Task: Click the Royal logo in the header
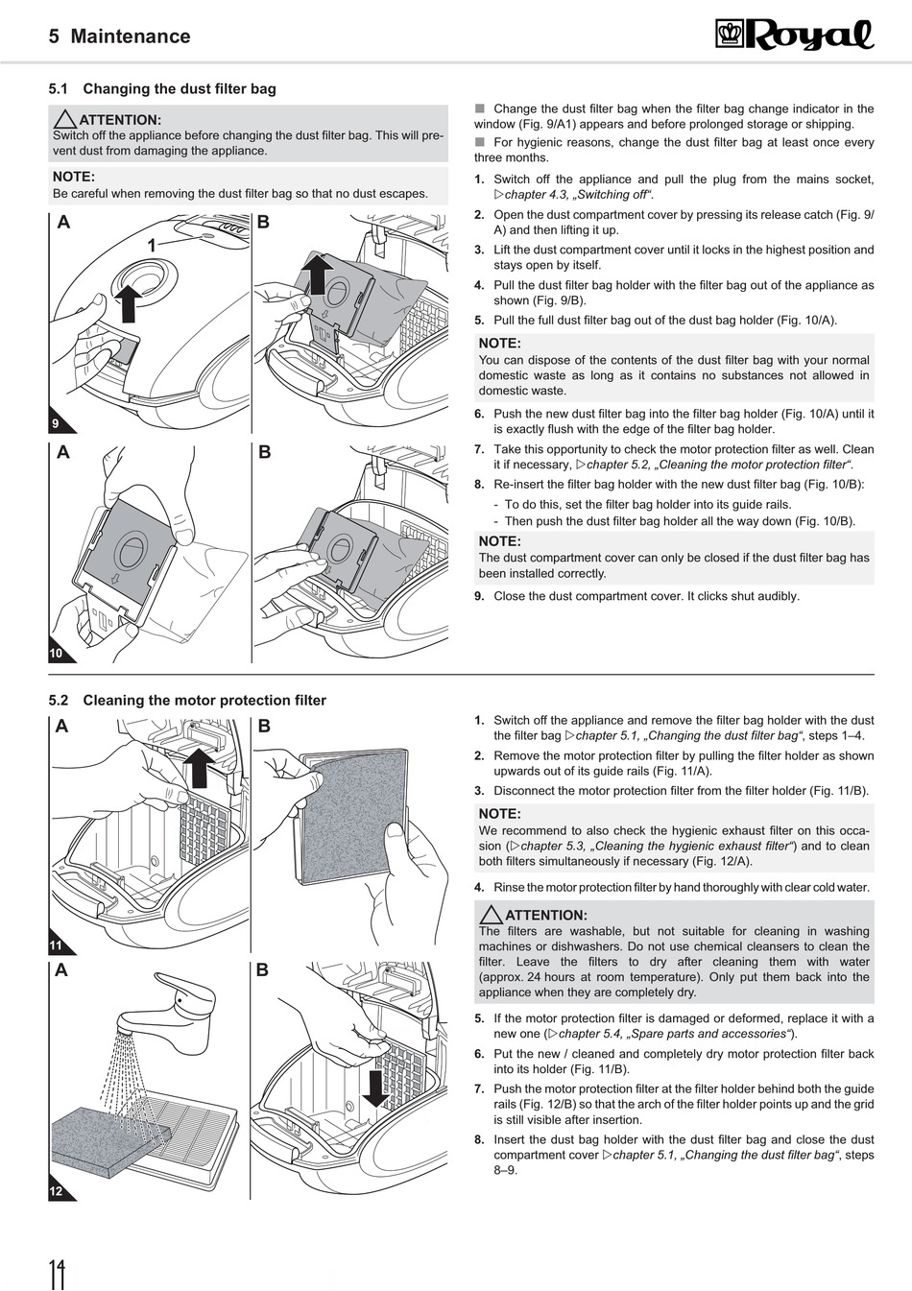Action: coord(795,36)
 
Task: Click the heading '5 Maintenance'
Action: coord(119,36)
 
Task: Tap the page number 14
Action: coord(59,1273)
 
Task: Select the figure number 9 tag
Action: coord(56,423)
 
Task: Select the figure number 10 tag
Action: coord(56,653)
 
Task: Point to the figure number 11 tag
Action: coord(56,945)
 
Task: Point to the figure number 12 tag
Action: coord(56,1191)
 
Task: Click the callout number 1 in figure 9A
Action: coord(151,247)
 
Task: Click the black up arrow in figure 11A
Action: coord(199,767)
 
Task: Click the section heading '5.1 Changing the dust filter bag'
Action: coord(162,89)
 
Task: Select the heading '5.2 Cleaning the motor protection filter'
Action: coord(187,701)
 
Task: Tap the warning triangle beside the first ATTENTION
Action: coord(65,120)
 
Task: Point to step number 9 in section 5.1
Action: coord(479,596)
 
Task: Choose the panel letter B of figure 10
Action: coord(265,452)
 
